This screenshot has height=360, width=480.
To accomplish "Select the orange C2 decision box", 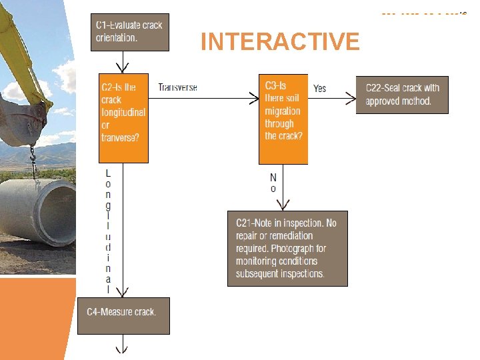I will pos(123,118).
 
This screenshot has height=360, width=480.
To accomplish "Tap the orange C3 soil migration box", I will pos(283,118).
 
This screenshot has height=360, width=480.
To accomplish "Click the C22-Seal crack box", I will pos(402,95).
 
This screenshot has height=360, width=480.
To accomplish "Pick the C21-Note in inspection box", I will pos(287,249).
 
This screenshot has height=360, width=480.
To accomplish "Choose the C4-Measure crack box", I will pos(123,315).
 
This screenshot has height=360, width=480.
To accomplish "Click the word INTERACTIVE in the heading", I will pos(280,42).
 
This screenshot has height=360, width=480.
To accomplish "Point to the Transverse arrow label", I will pos(177,87).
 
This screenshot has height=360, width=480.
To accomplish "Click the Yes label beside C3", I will pos(320,88).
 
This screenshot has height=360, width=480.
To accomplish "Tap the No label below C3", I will pos(273,183).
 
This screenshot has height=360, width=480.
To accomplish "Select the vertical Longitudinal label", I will pos(108,230).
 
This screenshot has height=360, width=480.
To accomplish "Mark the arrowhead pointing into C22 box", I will pos(351,99).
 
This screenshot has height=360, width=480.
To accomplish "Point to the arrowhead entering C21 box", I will pos(284,205).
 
